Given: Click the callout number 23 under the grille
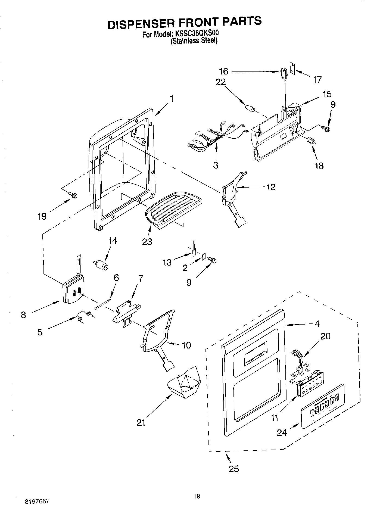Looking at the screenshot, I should pyautogui.click(x=147, y=242).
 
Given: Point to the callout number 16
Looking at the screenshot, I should pyautogui.click(x=224, y=71).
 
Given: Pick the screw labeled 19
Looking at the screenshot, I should pyautogui.click(x=73, y=195).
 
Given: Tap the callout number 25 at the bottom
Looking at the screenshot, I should pyautogui.click(x=234, y=469).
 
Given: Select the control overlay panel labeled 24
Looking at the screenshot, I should pyautogui.click(x=323, y=406).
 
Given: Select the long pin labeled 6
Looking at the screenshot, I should pyautogui.click(x=103, y=304).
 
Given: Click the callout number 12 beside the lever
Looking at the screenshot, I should pyautogui.click(x=271, y=187).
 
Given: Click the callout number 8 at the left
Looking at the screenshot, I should pyautogui.click(x=24, y=315).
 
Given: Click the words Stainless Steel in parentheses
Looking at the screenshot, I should pyautogui.click(x=194, y=41).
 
